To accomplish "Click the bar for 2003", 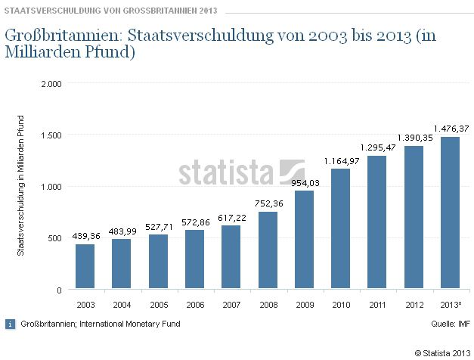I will click(x=85, y=266).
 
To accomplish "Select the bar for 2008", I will click(x=268, y=250).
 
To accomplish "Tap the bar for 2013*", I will click(x=451, y=213).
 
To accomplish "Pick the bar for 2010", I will click(x=341, y=228).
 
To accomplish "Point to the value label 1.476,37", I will click(x=451, y=128).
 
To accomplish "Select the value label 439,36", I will click(x=85, y=236).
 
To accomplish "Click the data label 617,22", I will click(x=231, y=218).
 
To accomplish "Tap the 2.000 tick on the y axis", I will click(x=51, y=83).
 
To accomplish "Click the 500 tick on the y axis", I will click(x=54, y=238).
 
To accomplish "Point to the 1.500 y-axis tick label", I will click(x=51, y=135).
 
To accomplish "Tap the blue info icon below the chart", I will click(x=10, y=324).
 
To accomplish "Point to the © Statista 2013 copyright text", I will click(x=441, y=352).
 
